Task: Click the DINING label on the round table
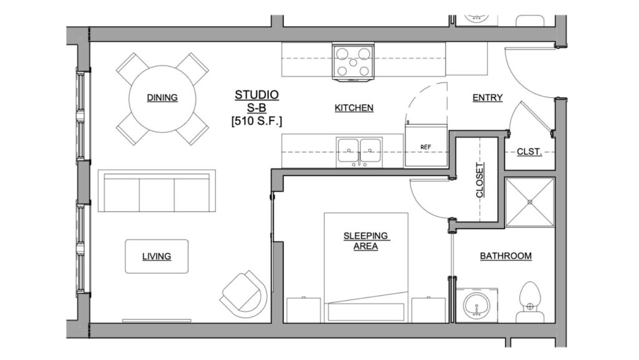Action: click(x=162, y=97)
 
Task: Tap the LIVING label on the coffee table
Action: click(x=157, y=256)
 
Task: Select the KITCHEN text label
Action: click(x=354, y=108)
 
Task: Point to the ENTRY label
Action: click(x=487, y=97)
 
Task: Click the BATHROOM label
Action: click(x=505, y=256)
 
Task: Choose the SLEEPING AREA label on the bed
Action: click(x=366, y=240)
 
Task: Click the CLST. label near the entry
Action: click(x=529, y=152)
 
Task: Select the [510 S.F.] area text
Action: click(x=256, y=121)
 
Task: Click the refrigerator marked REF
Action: click(x=426, y=147)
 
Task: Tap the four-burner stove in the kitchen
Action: click(x=353, y=62)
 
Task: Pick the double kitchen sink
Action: click(x=359, y=152)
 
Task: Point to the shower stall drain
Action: click(x=530, y=202)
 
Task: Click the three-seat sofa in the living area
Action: click(x=157, y=192)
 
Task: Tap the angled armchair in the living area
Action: click(x=244, y=292)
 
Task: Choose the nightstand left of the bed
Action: click(x=303, y=309)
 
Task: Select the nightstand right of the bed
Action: click(x=428, y=309)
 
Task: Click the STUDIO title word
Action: click(x=256, y=95)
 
